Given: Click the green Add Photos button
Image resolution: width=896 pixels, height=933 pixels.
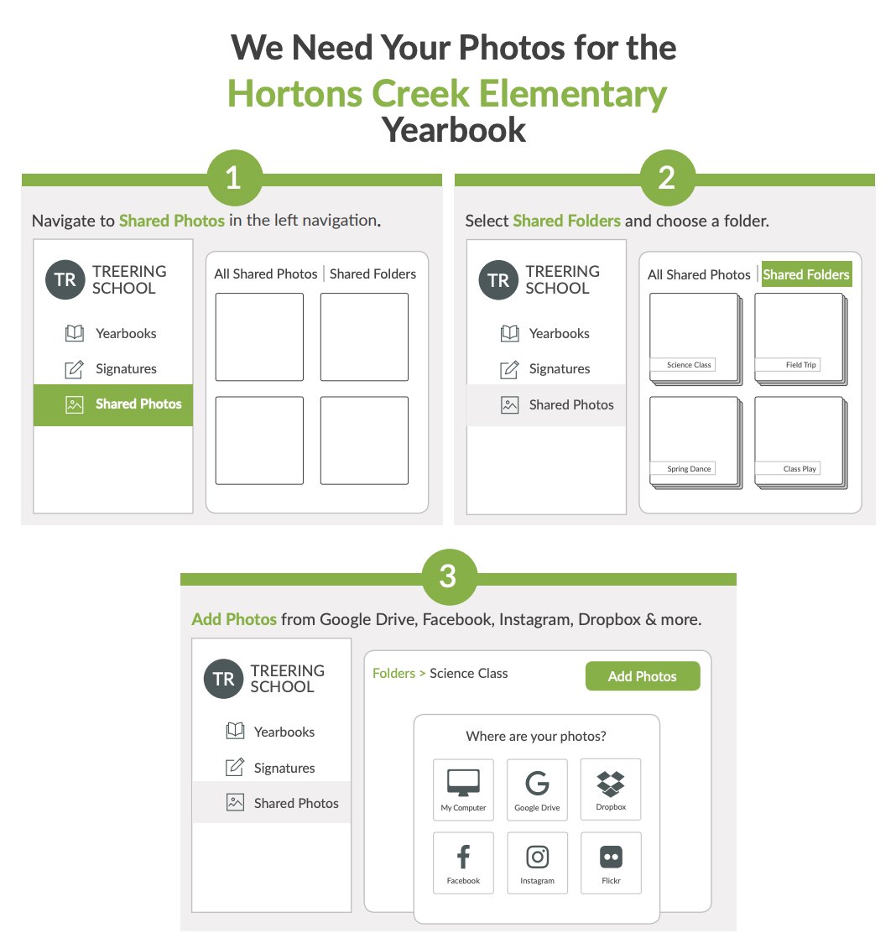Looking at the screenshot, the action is coord(643,676).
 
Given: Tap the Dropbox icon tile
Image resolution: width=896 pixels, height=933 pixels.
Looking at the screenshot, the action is coord(611,789).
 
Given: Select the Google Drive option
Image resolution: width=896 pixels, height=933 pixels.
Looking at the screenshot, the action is coord(537,790).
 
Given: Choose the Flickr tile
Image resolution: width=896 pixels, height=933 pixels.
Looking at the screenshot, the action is coord(611,863).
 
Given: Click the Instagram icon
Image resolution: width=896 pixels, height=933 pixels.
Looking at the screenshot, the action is coord(537,857).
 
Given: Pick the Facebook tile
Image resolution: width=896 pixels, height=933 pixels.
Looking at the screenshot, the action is coord(463,863).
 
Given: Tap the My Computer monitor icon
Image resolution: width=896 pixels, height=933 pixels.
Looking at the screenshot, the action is coord(463,783).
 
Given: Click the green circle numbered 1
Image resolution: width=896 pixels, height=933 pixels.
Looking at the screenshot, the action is coord(234,177).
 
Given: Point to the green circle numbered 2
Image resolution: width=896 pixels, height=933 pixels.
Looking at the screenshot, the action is coord(668,177).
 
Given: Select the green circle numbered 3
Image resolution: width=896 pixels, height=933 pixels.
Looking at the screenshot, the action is coord(449,576).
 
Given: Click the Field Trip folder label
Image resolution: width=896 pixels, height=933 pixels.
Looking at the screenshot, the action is coord(801,365).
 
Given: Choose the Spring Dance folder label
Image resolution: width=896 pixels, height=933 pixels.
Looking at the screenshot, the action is coord(689,469).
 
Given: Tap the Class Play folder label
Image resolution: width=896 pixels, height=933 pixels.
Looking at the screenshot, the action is coord(800,469).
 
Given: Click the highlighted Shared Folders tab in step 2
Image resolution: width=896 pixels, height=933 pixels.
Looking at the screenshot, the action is coord(806,274).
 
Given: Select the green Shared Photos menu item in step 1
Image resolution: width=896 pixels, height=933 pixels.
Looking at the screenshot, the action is coord(113,404).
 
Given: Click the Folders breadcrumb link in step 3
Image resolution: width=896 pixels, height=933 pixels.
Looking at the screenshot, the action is coord(393,673).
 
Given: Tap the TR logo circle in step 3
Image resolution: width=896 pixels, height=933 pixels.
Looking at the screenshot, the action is coord(224,679).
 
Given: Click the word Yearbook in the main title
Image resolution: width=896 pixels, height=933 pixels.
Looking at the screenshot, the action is coord(454,130).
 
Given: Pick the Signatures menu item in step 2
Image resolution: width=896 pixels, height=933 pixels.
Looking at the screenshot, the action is coord(545,369).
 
